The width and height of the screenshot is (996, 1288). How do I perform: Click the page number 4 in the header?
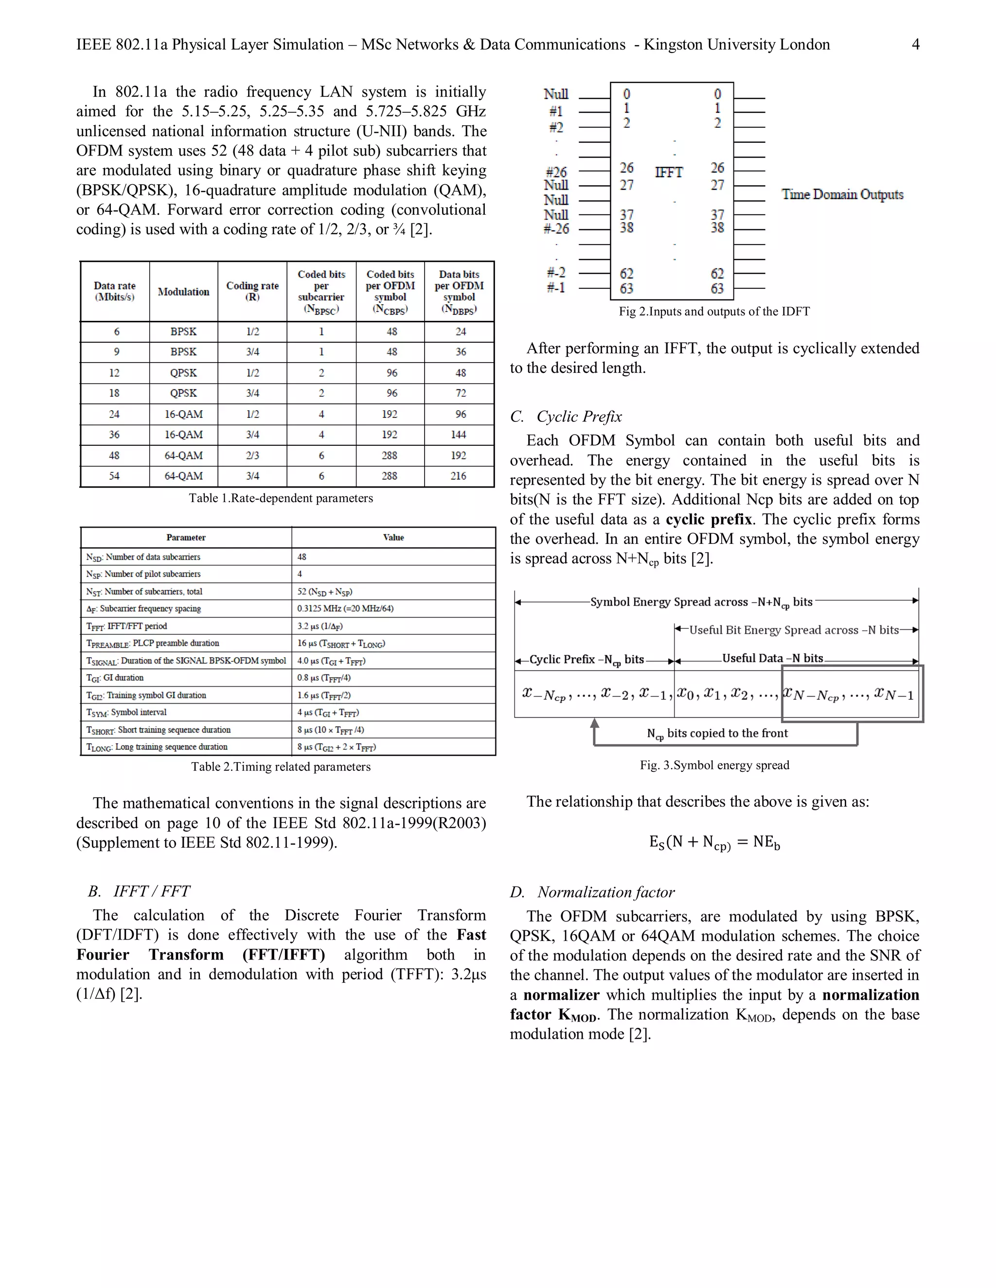915,45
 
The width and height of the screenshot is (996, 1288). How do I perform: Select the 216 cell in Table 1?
459,476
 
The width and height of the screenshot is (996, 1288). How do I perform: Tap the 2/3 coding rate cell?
252,455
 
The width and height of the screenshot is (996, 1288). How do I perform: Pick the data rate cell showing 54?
114,476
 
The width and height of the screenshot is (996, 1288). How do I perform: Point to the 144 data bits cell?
459,435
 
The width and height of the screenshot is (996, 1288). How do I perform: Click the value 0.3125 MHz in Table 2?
345,609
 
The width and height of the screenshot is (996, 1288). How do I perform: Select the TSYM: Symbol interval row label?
127,713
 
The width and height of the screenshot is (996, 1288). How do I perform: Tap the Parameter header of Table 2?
186,537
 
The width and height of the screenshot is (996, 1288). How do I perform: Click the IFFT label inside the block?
669,172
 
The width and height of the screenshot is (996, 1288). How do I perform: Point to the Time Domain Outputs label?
842,194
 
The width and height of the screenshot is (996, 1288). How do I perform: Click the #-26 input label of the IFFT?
556,229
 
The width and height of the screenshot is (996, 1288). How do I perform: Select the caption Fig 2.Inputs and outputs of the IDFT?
714,312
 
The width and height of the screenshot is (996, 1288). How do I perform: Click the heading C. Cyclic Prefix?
566,417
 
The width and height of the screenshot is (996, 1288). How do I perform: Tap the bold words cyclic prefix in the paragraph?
709,520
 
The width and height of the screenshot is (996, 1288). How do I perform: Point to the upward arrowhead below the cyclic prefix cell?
595,724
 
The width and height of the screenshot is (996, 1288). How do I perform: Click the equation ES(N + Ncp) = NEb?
714,843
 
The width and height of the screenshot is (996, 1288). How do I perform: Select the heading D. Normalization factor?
592,892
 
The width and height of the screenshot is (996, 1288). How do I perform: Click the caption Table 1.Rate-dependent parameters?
281,498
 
